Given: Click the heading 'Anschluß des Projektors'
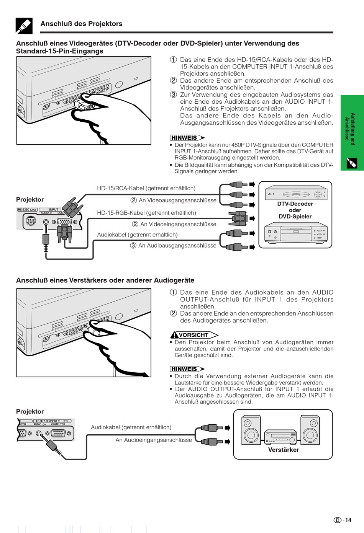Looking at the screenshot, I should coord(81,24).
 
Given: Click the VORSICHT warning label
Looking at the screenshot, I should coord(193,335).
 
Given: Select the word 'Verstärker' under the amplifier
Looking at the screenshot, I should coord(283,450).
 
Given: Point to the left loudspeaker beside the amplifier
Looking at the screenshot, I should coord(251,430).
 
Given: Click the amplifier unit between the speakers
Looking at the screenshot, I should coord(280,436).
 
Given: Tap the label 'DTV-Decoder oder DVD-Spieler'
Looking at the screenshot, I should coord(295,210).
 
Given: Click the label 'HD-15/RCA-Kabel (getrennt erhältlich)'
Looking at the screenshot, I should coord(146,188).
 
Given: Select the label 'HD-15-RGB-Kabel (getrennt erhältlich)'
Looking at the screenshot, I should coord(146,213).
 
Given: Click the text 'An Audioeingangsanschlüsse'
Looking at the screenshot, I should coord(154,440).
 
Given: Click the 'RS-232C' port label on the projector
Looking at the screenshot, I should coord(27,210).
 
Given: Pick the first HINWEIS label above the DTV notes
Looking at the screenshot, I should coord(184,138).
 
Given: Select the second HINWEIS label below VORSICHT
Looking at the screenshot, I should coord(184,369).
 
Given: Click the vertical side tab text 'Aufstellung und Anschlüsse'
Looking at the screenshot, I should coord(350,129).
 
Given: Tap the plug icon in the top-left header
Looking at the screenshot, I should coord(24,26).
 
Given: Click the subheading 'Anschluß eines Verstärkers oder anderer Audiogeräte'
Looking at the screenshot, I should coord(105,280).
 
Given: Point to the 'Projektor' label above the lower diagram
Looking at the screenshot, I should coord(30,411).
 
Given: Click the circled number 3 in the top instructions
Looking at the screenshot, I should coord(174,95).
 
